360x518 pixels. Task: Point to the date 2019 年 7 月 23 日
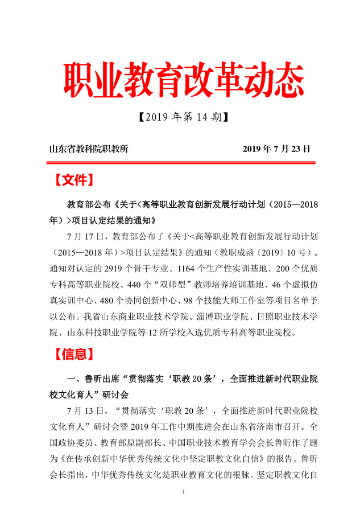276,150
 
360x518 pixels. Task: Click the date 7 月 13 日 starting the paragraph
86,410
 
